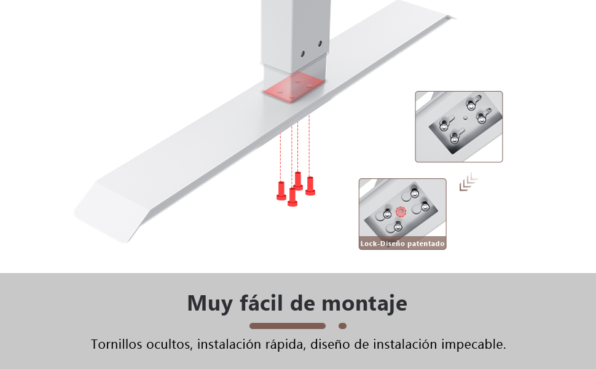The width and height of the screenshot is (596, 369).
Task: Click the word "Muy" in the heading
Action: (210, 304)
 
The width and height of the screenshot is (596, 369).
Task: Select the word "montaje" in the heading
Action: (364, 304)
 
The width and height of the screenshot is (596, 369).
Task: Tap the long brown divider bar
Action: (288, 326)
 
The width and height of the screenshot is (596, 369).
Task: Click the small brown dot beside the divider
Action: (342, 326)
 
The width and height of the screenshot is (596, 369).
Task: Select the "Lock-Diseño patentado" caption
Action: (402, 244)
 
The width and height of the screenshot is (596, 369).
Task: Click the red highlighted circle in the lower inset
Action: (401, 212)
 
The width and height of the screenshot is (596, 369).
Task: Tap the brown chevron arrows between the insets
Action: (468, 182)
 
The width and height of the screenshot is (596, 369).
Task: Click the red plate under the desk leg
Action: (294, 87)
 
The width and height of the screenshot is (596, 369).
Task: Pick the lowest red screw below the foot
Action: (292, 197)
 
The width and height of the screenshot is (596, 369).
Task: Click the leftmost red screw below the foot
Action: (281, 191)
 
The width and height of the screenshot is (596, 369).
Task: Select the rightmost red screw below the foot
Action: (310, 186)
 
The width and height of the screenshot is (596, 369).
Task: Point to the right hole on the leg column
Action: (320, 44)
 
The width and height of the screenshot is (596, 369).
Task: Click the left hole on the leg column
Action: (303, 54)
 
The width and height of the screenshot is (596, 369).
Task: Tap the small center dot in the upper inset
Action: (465, 118)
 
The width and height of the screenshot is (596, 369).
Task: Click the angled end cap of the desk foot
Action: (110, 210)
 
